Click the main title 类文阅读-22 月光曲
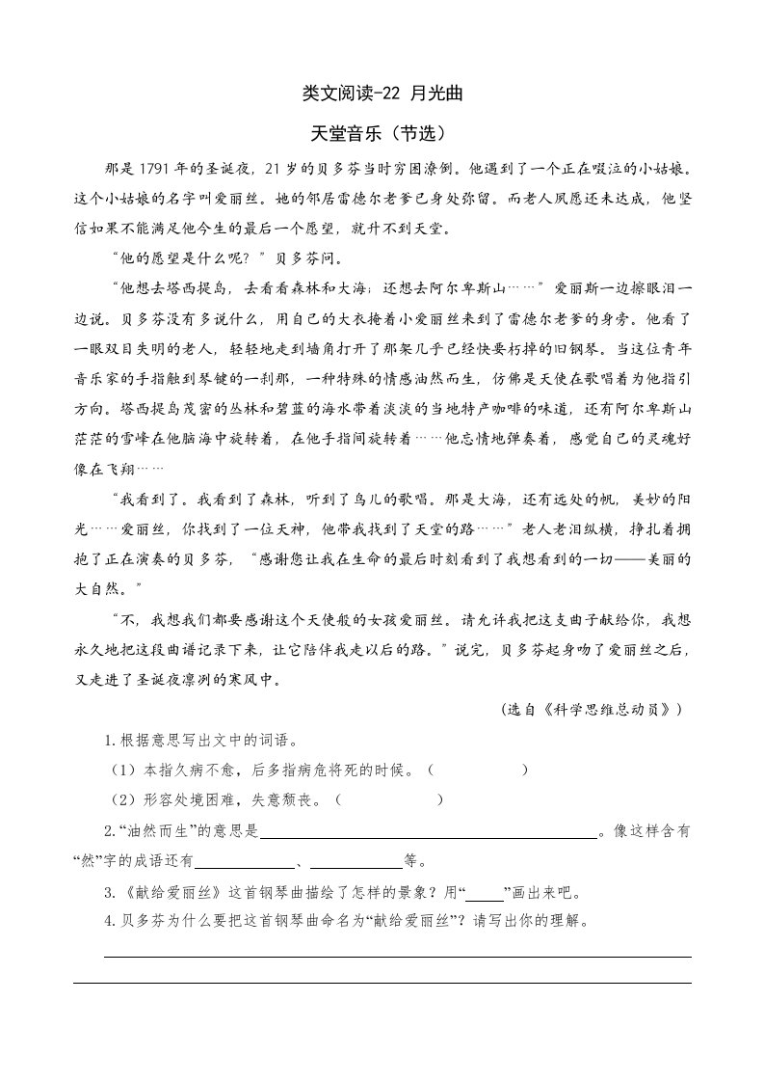click(382, 94)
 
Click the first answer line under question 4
click(397, 957)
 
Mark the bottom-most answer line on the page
click(382, 983)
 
